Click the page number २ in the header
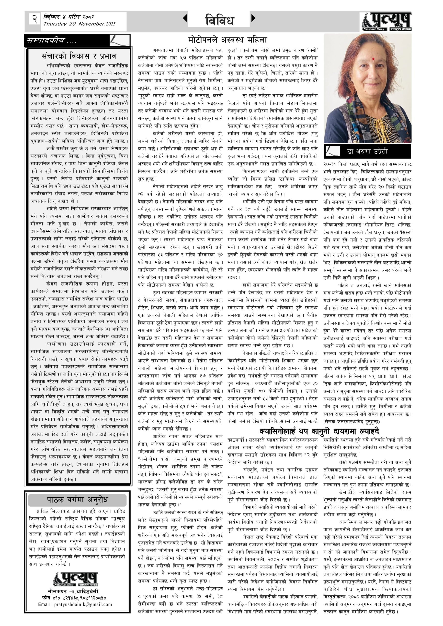coord(35,19)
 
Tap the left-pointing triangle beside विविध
coord(185,18)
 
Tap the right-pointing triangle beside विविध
coord(253,18)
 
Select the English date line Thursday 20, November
coord(79,24)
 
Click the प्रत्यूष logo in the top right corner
coord(386,22)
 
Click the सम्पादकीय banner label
coord(52,41)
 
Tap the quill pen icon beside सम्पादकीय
coord(119,40)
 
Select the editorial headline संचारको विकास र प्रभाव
coord(79,56)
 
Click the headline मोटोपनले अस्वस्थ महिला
coord(227,40)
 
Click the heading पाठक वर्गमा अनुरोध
coord(78,500)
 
